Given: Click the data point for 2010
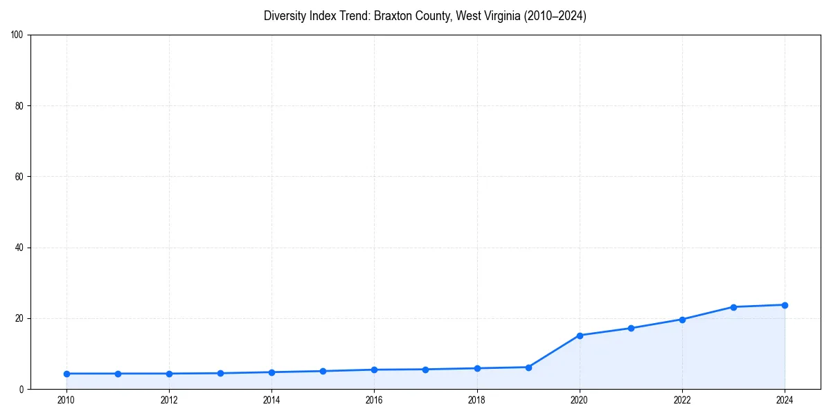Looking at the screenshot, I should point(66,374).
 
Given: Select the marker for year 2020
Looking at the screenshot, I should point(580,335).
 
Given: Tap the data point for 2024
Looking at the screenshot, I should point(785,305).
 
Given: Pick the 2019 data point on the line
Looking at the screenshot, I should point(528,367).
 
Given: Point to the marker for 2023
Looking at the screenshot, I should point(733,307).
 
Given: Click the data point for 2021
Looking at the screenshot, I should point(631,328).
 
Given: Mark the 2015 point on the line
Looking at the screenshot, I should point(323,371).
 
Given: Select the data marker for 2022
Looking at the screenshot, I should point(682,320).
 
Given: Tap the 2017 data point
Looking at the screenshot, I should point(425,370).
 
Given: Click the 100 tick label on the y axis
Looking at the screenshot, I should point(17,35).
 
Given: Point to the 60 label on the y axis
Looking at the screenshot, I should point(19,177).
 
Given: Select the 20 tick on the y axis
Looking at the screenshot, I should point(19,318).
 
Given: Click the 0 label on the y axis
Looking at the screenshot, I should point(21,390).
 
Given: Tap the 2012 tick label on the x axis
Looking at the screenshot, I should point(169,400).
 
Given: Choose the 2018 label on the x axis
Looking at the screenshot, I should point(476,400).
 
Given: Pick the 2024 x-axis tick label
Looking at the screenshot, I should point(785,400).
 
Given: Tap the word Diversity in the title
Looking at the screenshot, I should point(285,16).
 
